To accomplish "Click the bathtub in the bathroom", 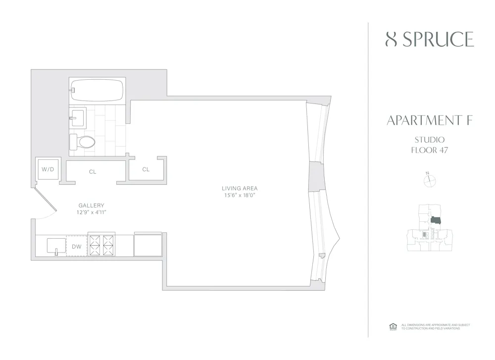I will [97, 90].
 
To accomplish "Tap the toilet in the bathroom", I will [83, 142].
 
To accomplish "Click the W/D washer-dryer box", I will [48, 169].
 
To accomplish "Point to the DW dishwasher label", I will [77, 246].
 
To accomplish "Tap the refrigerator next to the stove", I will [148, 245].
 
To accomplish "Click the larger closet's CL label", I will [93, 172].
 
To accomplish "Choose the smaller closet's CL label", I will [146, 169].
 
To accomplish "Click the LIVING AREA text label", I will [240, 188].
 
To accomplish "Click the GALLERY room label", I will [91, 205].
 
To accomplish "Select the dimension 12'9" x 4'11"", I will [91, 212].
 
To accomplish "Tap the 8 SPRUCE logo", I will [430, 39].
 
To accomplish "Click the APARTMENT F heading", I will [429, 120].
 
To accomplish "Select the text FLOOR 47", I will [429, 150].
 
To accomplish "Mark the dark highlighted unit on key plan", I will [436, 221].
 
